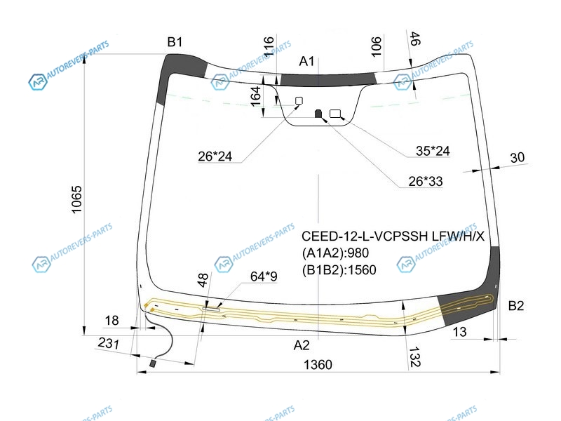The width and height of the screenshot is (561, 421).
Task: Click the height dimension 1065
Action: tap(76, 199)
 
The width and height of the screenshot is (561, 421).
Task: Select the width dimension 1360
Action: tap(318, 364)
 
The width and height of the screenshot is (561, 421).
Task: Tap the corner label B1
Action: tap(175, 42)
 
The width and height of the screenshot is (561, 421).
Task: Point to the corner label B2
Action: tap(515, 305)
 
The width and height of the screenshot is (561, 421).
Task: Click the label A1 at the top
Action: tap(306, 61)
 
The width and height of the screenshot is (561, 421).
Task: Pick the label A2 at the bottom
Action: tap(302, 345)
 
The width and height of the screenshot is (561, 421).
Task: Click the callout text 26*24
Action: tap(215, 156)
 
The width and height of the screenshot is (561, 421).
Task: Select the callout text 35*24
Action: tap(433, 151)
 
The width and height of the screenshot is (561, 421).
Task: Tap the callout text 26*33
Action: tap(426, 182)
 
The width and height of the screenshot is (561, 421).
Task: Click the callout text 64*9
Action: tap(264, 276)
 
